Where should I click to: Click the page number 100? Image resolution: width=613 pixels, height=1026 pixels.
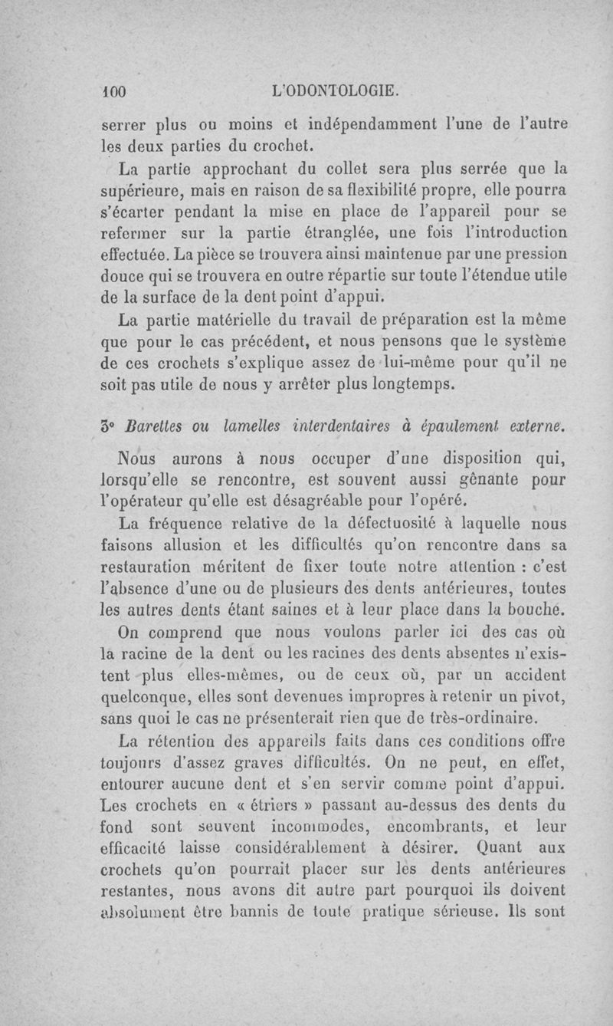coord(115,90)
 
